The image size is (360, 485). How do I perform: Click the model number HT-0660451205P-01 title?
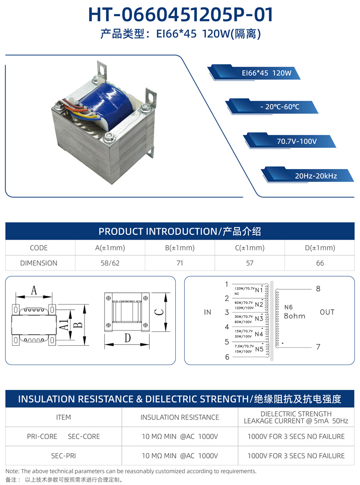pyautogui.click(x=180, y=14)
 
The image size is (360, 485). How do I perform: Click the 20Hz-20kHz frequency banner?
pyautogui.click(x=315, y=176)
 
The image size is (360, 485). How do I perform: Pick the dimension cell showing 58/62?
pyautogui.click(x=110, y=263)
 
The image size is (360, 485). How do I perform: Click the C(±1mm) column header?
pyautogui.click(x=249, y=248)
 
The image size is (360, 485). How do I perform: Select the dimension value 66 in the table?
pyautogui.click(x=320, y=263)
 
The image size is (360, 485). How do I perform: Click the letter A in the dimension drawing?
pyautogui.click(x=34, y=290)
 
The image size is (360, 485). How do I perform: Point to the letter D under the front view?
pyautogui.click(x=128, y=338)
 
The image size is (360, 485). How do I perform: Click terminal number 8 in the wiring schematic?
pyautogui.click(x=318, y=289)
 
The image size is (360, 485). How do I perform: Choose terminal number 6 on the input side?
pyautogui.click(x=227, y=357)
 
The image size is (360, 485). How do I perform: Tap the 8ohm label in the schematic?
pyautogui.click(x=294, y=316)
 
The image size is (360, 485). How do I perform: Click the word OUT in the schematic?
pyautogui.click(x=327, y=312)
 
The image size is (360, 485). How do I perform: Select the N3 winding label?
pyautogui.click(x=259, y=319)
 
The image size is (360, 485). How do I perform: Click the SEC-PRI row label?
pyautogui.click(x=63, y=456)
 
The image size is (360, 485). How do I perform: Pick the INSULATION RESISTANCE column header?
pyautogui.click(x=180, y=417)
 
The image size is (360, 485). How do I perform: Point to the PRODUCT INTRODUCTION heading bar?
pyautogui.click(x=180, y=231)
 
